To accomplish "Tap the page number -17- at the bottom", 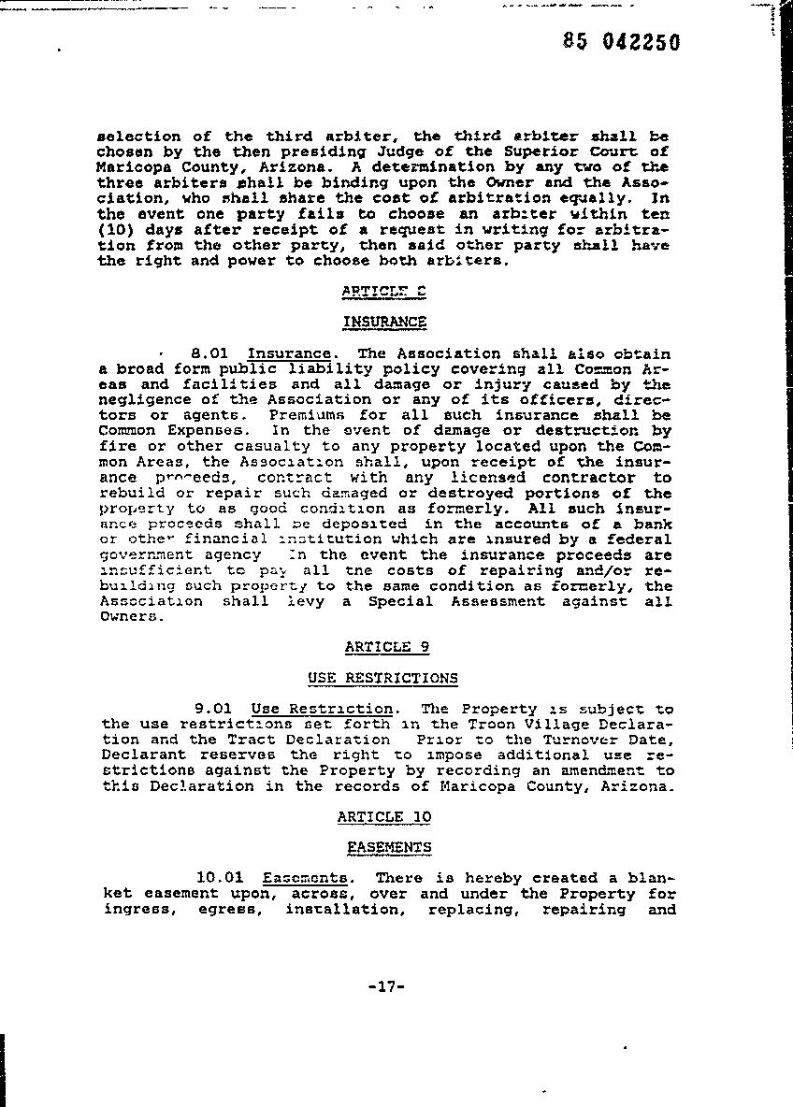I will click(384, 986).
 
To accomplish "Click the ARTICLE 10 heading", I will click(384, 816).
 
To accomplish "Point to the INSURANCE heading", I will click(384, 322).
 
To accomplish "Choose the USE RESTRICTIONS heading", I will click(382, 678).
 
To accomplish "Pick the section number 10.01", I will click(220, 877).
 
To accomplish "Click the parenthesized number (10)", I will click(115, 229).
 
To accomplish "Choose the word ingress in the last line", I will click(137, 909).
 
